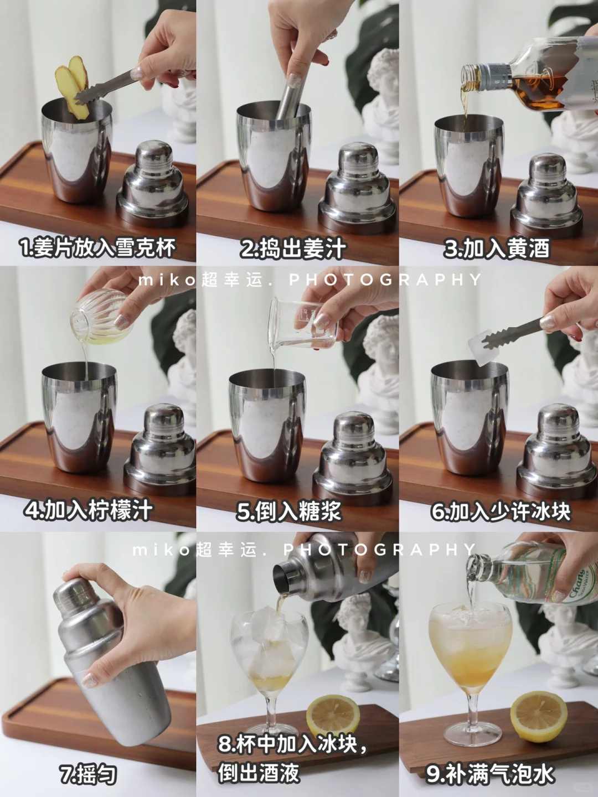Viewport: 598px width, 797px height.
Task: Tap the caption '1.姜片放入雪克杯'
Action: coord(97,248)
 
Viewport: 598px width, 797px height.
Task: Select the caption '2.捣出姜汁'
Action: coord(293,249)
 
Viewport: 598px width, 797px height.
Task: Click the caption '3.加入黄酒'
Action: coord(497,249)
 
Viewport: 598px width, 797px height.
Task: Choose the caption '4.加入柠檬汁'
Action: coord(88,510)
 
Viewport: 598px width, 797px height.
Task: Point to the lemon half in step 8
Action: coord(332,717)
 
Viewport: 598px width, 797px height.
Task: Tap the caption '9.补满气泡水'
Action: coord(489,774)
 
